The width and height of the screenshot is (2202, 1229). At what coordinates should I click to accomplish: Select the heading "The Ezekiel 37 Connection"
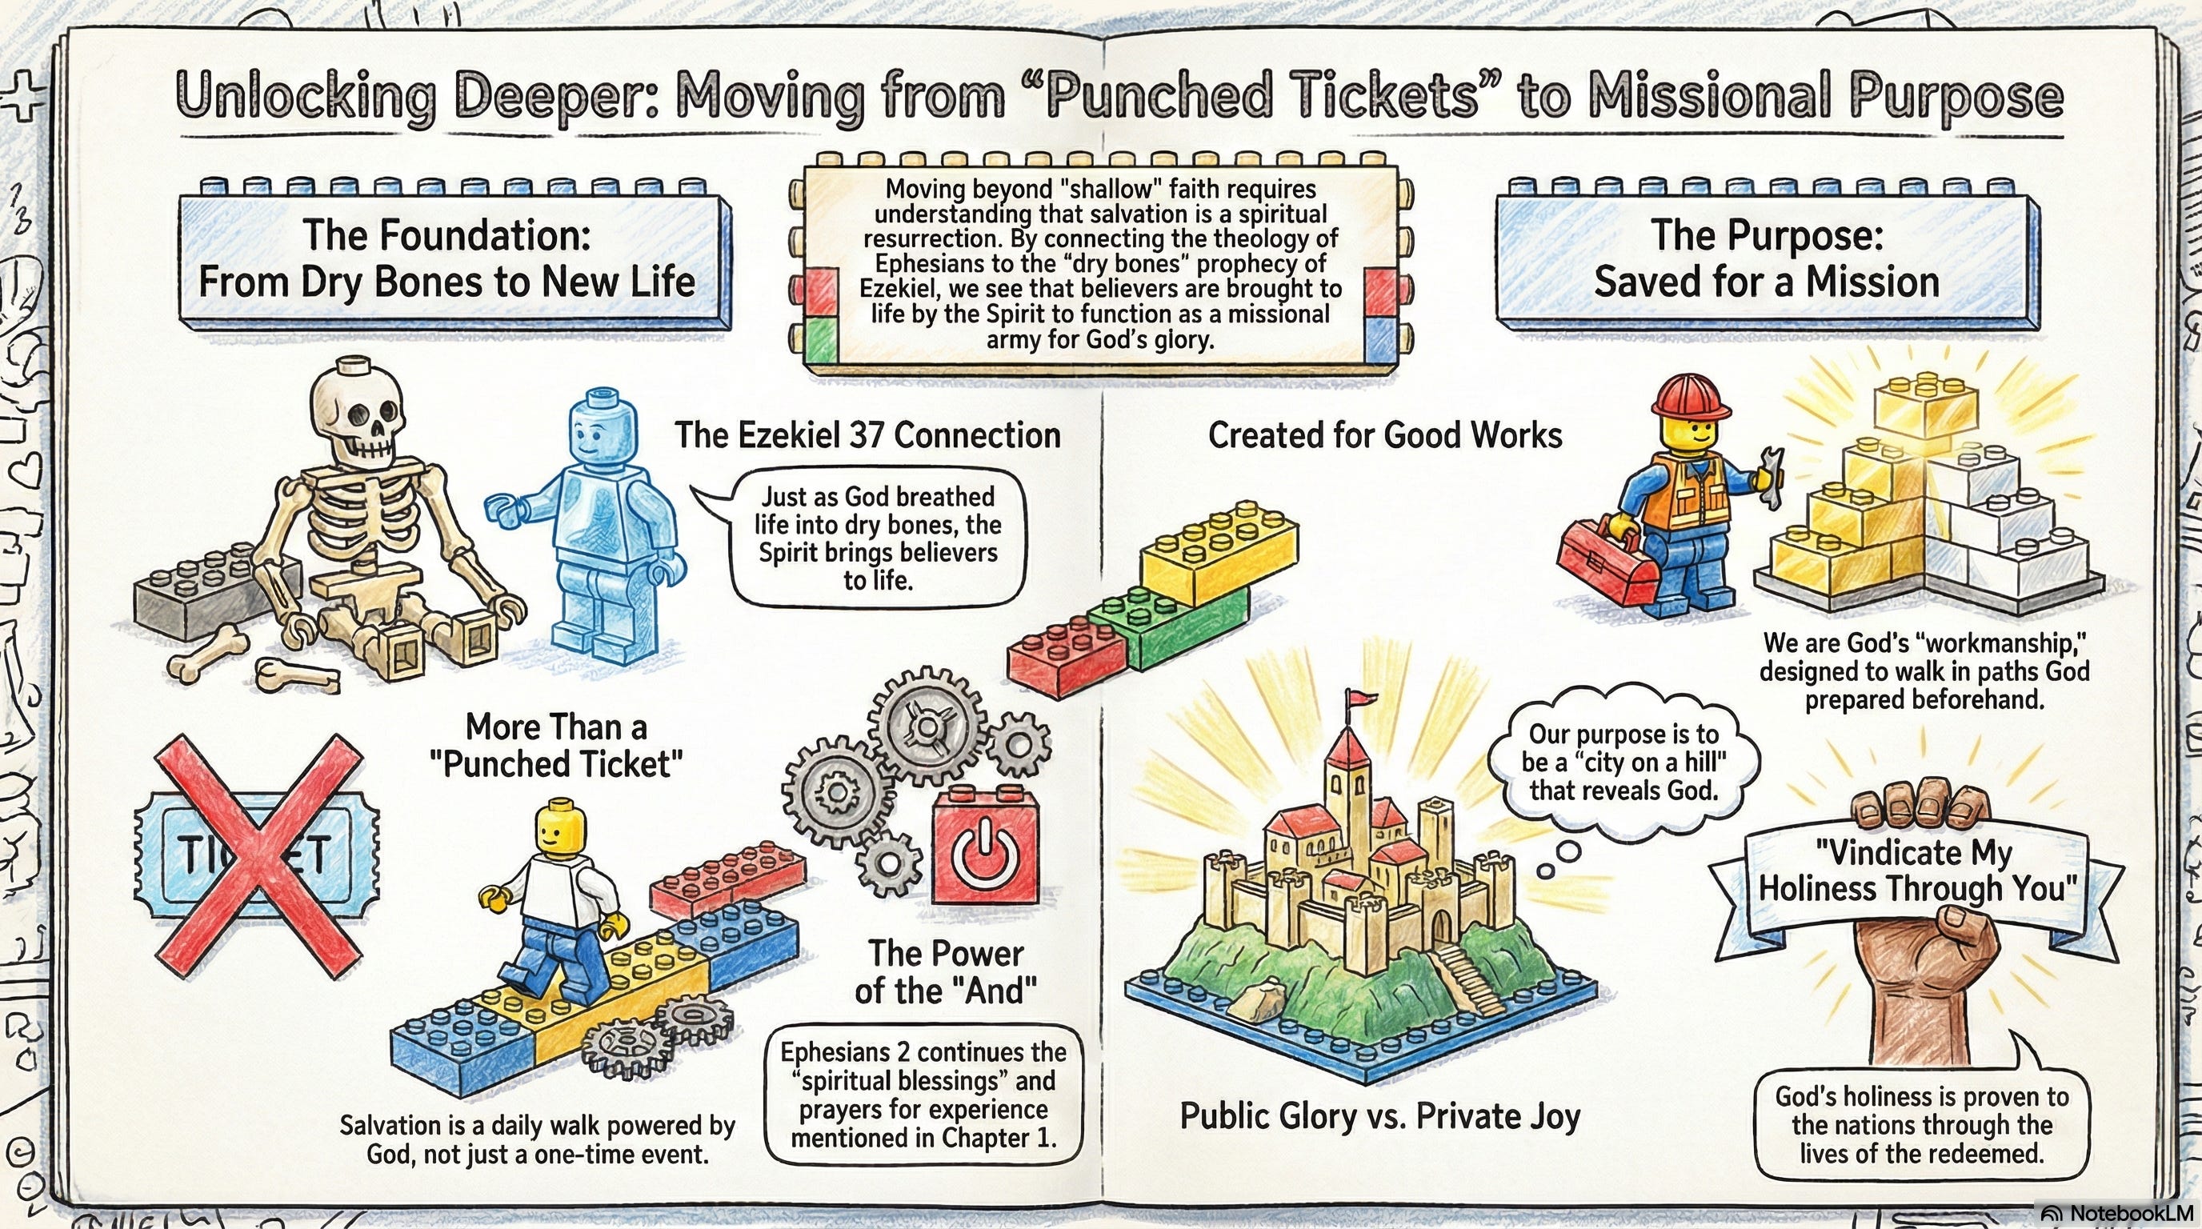pyautogui.click(x=867, y=435)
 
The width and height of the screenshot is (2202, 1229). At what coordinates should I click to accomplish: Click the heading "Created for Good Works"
pyautogui.click(x=1384, y=435)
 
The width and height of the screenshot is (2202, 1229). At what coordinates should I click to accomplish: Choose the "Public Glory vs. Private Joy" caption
pyautogui.click(x=1379, y=1115)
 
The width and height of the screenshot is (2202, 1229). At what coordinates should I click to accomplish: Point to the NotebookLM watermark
pyautogui.click(x=2120, y=1214)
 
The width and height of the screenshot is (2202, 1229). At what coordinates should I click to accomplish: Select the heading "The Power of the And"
pyautogui.click(x=946, y=973)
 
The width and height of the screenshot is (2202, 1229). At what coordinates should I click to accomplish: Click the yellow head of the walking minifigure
pyautogui.click(x=563, y=827)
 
